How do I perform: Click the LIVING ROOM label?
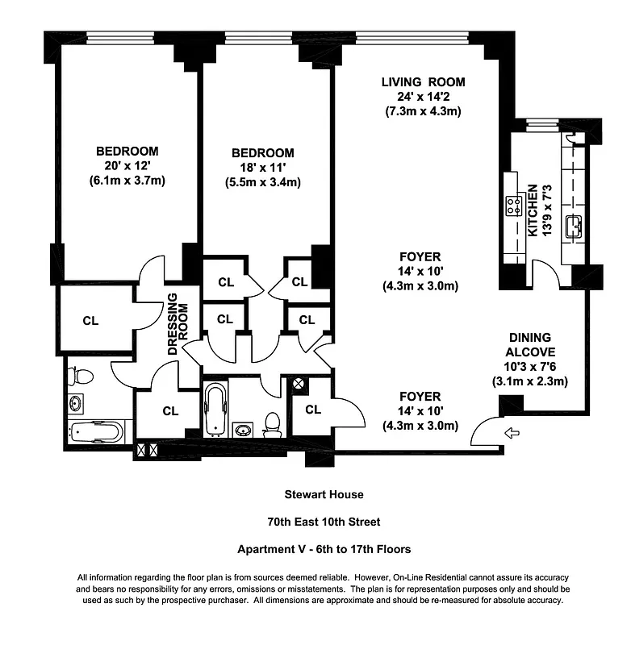coord(424,82)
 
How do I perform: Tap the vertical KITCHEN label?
coord(533,210)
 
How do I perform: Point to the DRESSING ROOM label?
coord(178,329)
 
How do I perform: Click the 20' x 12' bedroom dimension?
coord(127,166)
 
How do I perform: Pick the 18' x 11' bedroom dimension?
coord(262,168)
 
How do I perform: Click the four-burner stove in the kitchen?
coord(512,206)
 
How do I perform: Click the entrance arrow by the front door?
coord(512,434)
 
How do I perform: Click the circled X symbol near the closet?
coord(297,385)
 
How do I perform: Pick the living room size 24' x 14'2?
coord(424,97)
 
